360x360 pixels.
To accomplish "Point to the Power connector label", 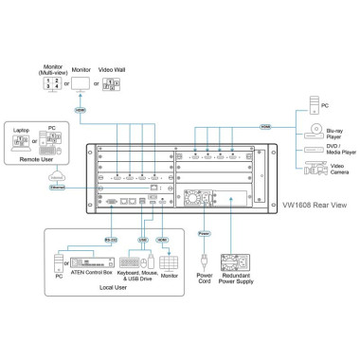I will coord(201,231).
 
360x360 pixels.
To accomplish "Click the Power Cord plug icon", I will coord(201,258).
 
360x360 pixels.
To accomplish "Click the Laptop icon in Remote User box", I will coord(20,139).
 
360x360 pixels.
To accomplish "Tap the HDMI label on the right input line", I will coord(267,125).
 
